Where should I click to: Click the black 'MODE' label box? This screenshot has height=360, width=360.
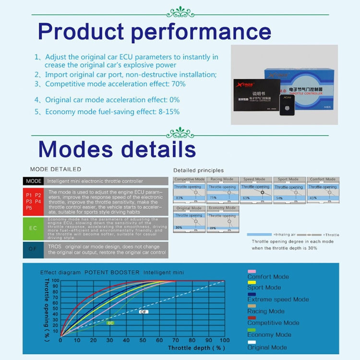click(33, 181)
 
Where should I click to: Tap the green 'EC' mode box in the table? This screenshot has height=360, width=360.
click(33, 228)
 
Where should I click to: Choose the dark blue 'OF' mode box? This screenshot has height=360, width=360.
click(33, 249)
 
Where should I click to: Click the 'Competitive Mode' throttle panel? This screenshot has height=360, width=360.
click(189, 190)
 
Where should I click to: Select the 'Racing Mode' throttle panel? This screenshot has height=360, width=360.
click(222, 190)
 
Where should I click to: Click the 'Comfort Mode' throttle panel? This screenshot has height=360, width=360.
click(323, 190)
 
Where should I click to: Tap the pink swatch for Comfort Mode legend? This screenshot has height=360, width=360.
click(252, 272)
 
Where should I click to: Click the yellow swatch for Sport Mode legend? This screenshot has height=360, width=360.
click(252, 283)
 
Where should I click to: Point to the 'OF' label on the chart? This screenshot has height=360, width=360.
click(144, 312)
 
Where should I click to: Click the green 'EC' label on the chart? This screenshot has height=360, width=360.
click(110, 323)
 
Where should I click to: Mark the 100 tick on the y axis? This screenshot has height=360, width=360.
click(55, 281)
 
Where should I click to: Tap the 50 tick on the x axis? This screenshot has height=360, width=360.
click(142, 340)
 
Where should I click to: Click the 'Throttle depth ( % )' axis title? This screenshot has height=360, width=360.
click(197, 347)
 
